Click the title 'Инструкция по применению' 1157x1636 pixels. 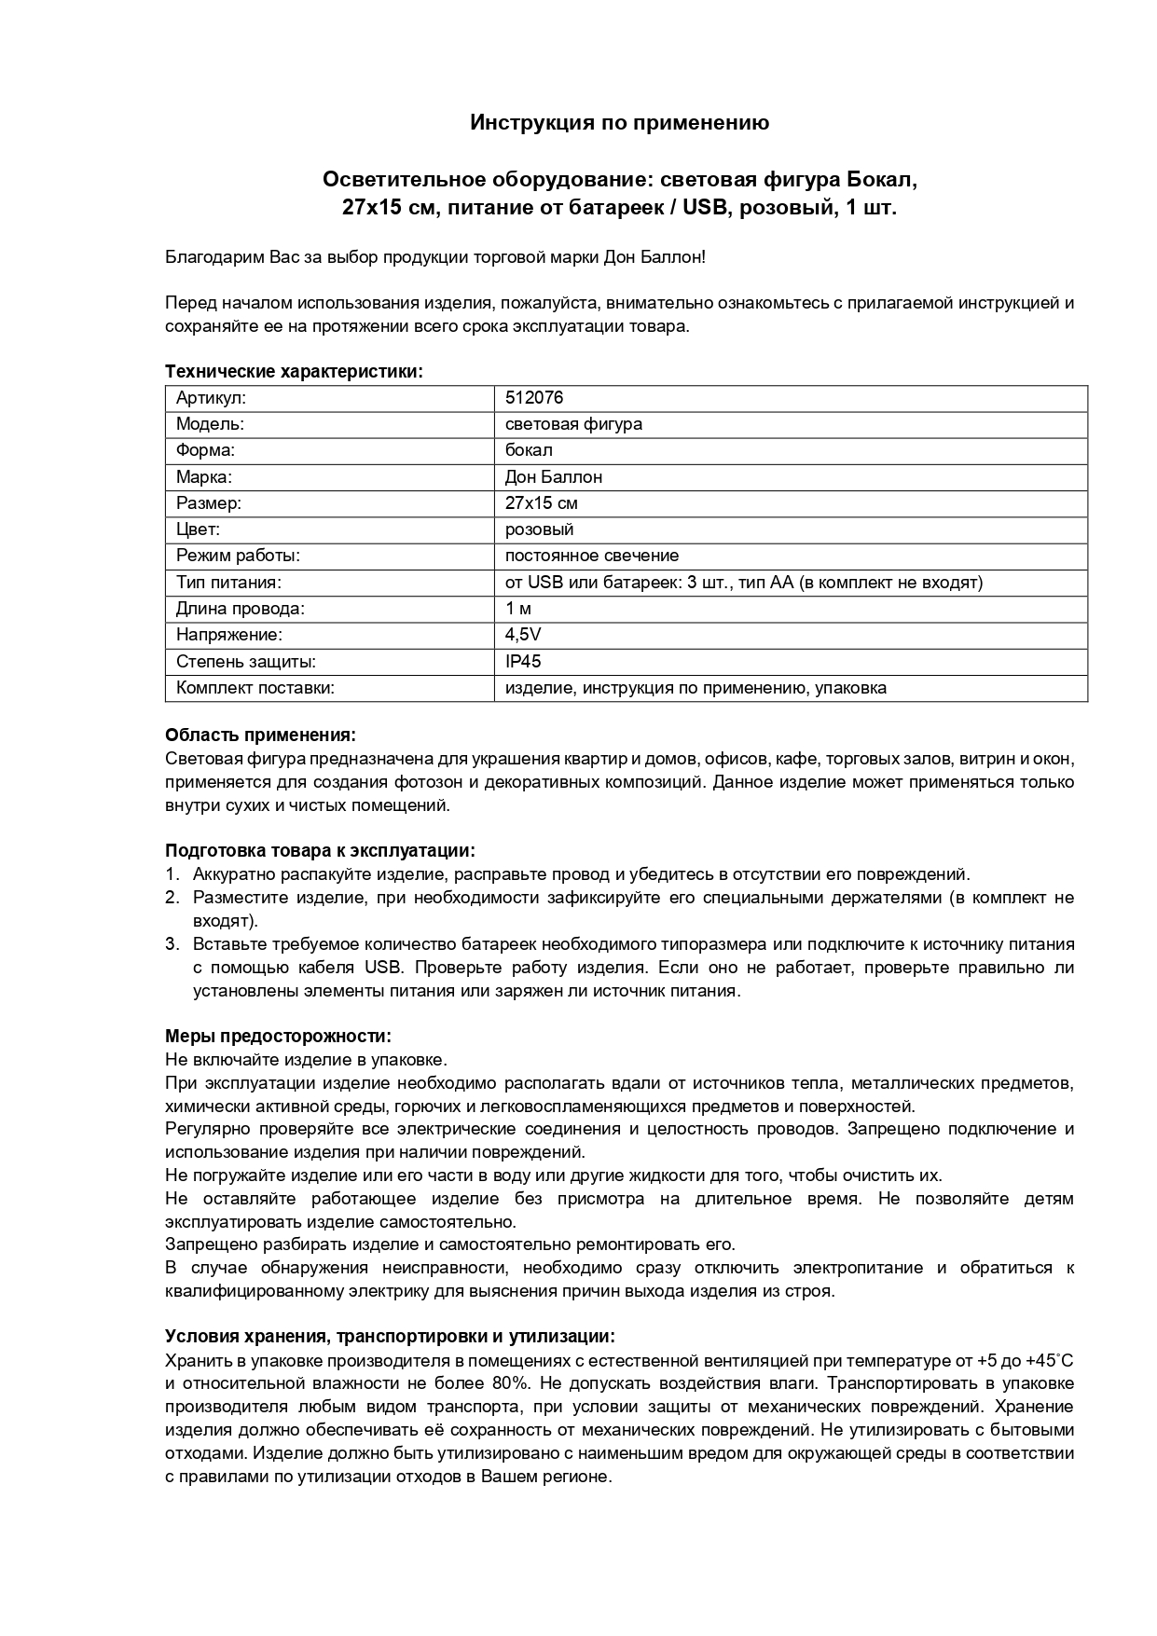(x=619, y=123)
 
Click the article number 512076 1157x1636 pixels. (x=533, y=398)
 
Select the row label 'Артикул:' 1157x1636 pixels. (x=211, y=398)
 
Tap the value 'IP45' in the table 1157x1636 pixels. (x=522, y=662)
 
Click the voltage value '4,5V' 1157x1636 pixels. (x=522, y=636)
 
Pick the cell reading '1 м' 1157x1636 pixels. (x=517, y=609)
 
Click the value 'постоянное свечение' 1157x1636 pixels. (x=591, y=557)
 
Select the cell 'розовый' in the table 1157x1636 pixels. (x=539, y=529)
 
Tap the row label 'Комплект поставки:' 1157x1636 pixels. (x=255, y=689)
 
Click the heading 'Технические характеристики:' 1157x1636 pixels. (x=294, y=372)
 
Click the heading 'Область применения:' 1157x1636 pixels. (x=260, y=736)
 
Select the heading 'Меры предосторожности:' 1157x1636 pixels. (x=278, y=1037)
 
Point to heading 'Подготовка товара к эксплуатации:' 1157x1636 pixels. (x=320, y=851)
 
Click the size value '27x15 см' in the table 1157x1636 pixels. (x=541, y=503)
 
